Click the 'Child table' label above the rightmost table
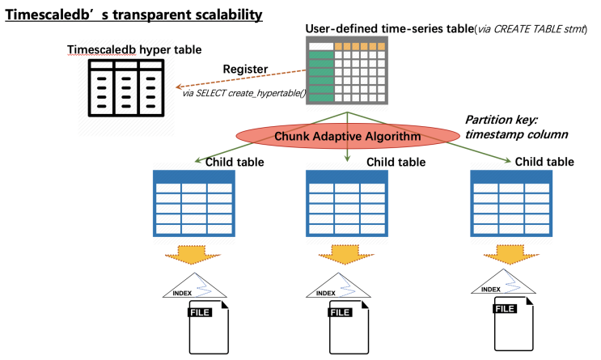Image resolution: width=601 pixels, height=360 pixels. click(x=543, y=162)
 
